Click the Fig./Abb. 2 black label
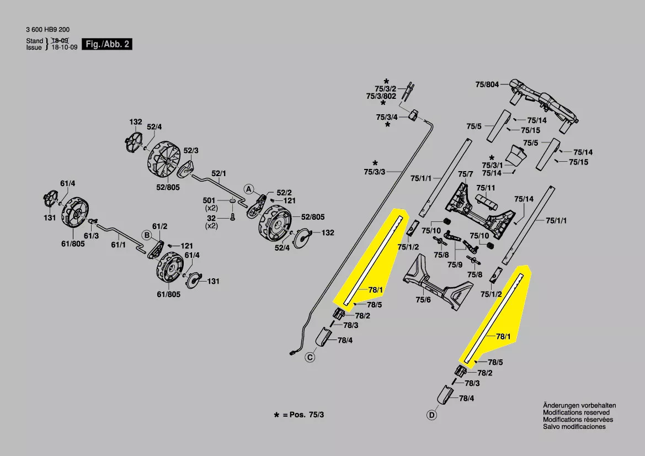coord(107,44)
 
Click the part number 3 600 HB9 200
coord(47,30)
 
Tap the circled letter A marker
coord(249,189)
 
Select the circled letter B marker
coord(147,235)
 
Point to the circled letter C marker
coord(310,358)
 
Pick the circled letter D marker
coord(431,415)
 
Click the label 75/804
coord(487,84)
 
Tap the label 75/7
coord(466,174)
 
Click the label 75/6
coord(423,299)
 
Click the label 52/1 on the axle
coord(219,173)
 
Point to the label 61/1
coord(119,244)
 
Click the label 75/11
coord(486,188)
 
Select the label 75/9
coord(455,264)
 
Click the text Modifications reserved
coord(576,412)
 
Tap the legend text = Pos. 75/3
coord(303,414)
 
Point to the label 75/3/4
coord(387,117)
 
